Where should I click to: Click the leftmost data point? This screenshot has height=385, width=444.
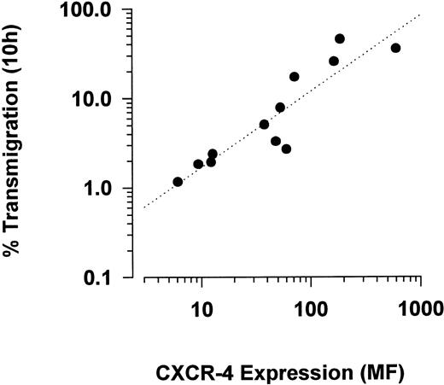[x=178, y=182]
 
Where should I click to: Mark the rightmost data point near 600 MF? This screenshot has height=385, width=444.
[x=395, y=48]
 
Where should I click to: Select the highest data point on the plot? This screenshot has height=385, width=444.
[x=340, y=38]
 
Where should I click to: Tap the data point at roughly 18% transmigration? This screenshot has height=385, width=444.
[x=295, y=77]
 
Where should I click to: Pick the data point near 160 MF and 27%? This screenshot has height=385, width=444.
[x=334, y=61]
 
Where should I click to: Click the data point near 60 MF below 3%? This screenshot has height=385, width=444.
[x=286, y=149]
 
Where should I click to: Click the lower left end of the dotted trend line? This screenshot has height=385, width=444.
[x=144, y=207]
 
